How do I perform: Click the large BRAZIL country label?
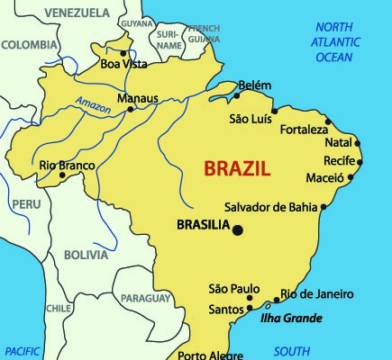click(x=239, y=168)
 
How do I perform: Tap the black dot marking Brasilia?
click(x=238, y=230)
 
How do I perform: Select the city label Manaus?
click(x=138, y=98)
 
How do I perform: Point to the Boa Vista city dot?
click(x=123, y=52)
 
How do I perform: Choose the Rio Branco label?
click(x=66, y=165)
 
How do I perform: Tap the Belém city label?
click(x=255, y=85)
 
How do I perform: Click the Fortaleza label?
click(x=304, y=130)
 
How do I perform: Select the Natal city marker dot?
click(x=358, y=142)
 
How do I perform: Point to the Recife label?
click(x=340, y=160)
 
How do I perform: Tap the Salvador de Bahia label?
click(x=270, y=206)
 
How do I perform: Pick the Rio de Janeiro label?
click(x=316, y=294)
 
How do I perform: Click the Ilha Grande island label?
click(x=291, y=318)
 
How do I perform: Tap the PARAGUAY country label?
click(x=145, y=298)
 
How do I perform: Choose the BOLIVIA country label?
click(x=87, y=255)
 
